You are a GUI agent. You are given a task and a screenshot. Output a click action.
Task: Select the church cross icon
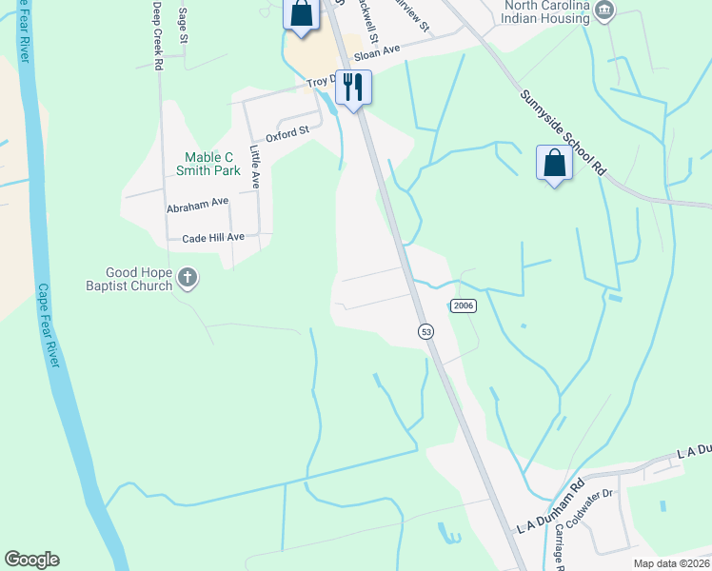click(x=188, y=278)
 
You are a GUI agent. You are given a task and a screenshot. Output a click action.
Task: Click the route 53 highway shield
click(x=425, y=331)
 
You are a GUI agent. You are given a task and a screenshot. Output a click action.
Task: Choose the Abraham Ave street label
click(x=198, y=204)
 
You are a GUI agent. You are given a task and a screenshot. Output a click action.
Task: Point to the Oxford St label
click(x=288, y=134)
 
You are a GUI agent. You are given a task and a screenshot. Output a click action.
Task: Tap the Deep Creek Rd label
click(x=158, y=34)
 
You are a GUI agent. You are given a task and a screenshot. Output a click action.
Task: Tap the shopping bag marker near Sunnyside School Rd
click(x=554, y=164)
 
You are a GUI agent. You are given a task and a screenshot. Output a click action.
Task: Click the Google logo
click(x=31, y=560)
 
